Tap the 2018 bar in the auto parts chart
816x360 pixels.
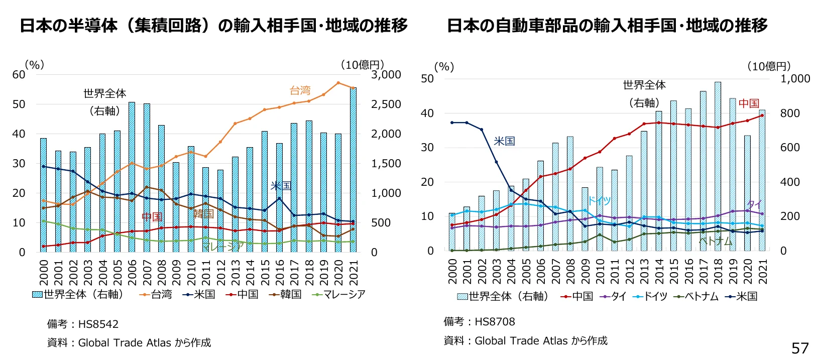(x=718, y=166)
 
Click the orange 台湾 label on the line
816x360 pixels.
(x=300, y=91)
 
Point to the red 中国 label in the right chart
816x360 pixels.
(x=748, y=103)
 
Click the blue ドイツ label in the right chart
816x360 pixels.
(x=599, y=201)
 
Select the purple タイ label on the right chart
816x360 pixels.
(x=754, y=204)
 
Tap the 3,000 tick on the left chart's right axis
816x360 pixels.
(x=386, y=75)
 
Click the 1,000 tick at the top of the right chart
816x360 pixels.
(x=794, y=79)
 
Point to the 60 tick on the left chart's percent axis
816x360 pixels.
(x=19, y=75)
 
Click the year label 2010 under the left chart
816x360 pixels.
(x=191, y=272)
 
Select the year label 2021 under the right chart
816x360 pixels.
(x=763, y=272)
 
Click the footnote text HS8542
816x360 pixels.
(x=98, y=324)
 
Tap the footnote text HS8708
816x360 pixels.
(x=495, y=322)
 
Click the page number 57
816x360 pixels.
(x=800, y=348)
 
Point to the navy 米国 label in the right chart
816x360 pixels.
(x=504, y=141)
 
